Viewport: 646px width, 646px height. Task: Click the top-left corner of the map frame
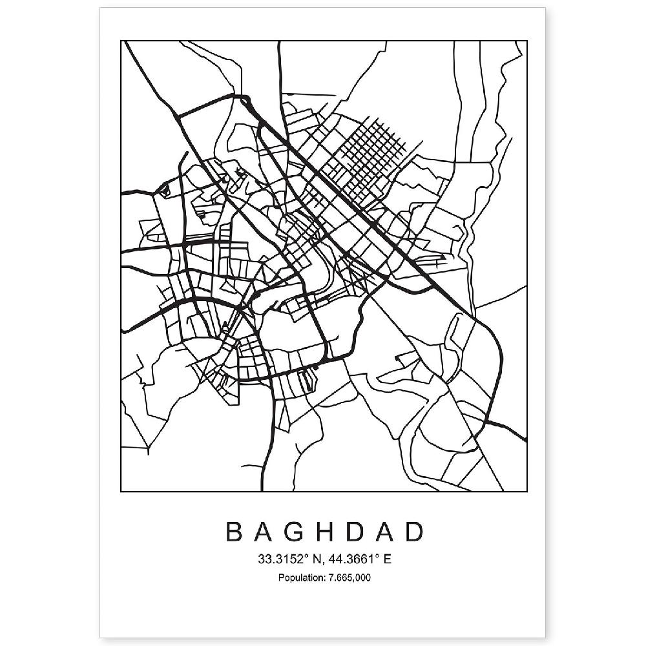pyautogui.click(x=122, y=41)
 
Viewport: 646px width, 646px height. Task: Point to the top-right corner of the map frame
pyautogui.click(x=527, y=41)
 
